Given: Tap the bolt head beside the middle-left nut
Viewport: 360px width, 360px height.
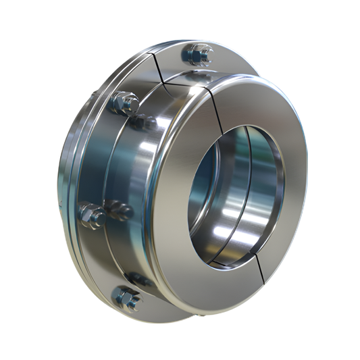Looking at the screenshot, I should coord(118,209).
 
